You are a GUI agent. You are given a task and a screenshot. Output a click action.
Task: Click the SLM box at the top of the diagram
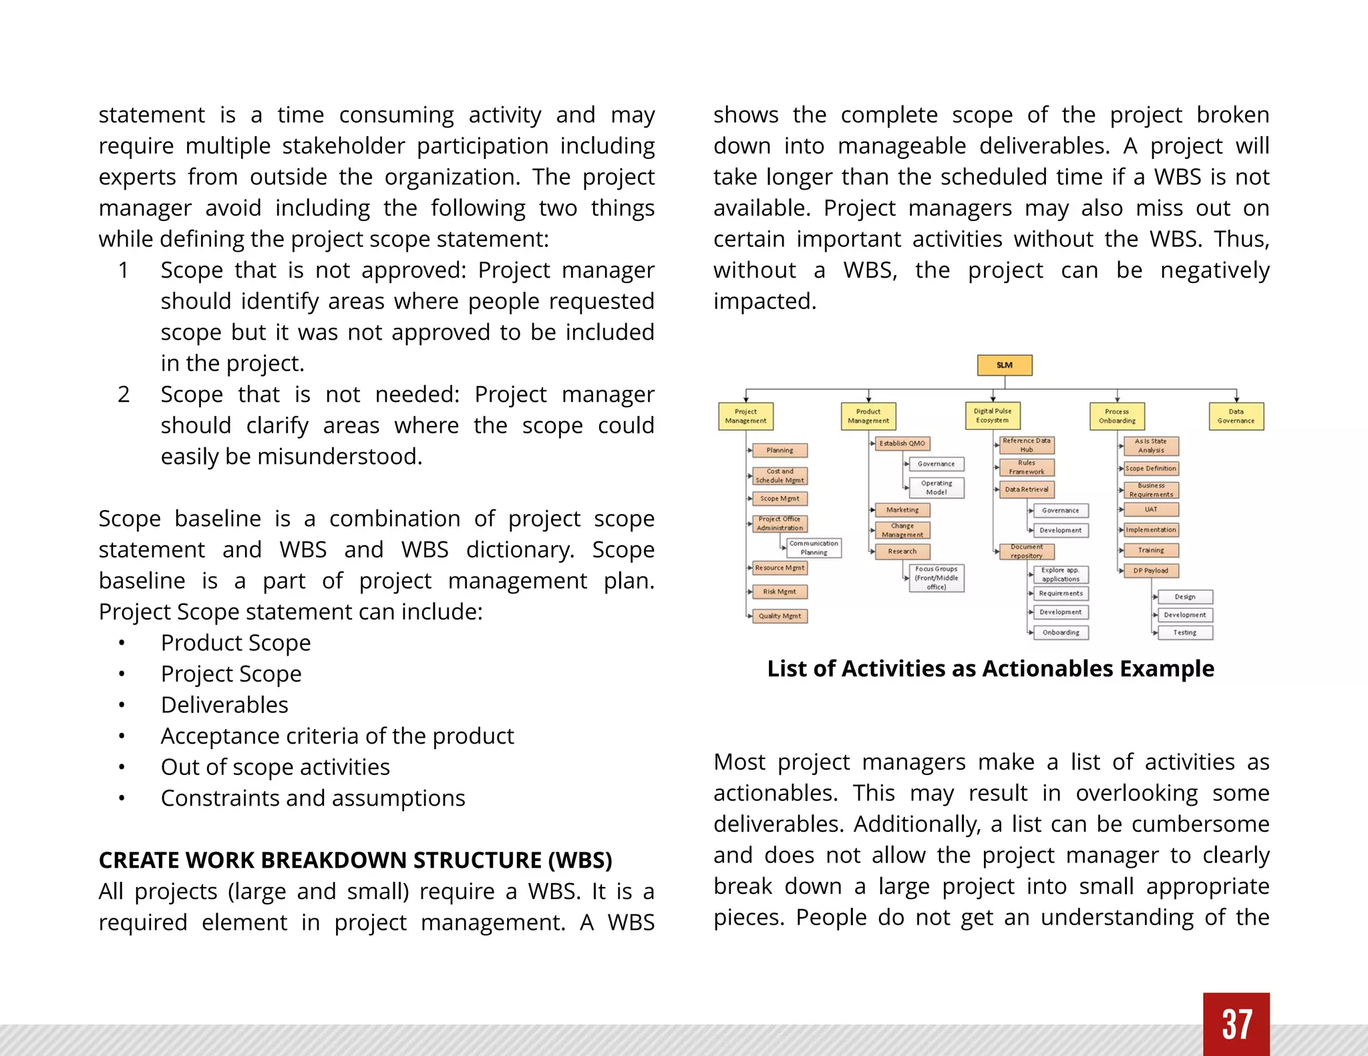1005,365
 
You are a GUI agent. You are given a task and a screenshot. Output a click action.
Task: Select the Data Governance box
1236,416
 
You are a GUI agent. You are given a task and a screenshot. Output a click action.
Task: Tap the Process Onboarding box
1117,416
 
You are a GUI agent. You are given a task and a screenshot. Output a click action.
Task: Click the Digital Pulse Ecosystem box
993,415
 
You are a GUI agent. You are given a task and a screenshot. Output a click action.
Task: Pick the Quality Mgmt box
780,615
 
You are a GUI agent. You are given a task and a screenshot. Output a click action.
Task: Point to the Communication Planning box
814,547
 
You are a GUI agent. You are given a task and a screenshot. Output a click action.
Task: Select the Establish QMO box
902,443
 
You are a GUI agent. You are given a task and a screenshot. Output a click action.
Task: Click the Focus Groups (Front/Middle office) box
936,578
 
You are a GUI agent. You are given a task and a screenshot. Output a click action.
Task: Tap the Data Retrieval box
1027,489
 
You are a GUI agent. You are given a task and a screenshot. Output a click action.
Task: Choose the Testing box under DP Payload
1185,632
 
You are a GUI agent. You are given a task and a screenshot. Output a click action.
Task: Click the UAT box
1151,509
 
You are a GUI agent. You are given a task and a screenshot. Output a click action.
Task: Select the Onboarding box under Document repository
1061,632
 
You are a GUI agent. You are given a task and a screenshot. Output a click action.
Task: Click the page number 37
1236,1024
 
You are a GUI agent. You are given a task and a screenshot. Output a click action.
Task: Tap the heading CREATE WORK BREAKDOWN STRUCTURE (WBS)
355,860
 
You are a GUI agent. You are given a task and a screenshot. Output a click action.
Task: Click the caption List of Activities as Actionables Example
991,668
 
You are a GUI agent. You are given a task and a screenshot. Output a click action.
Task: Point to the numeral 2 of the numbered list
124,394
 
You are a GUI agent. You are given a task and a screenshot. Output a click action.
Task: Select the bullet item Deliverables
224,705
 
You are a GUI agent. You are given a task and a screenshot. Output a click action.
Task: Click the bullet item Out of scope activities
275,767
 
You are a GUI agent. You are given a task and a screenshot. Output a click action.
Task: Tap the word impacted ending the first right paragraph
764,301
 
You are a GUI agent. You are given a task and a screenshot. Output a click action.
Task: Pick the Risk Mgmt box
780,591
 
